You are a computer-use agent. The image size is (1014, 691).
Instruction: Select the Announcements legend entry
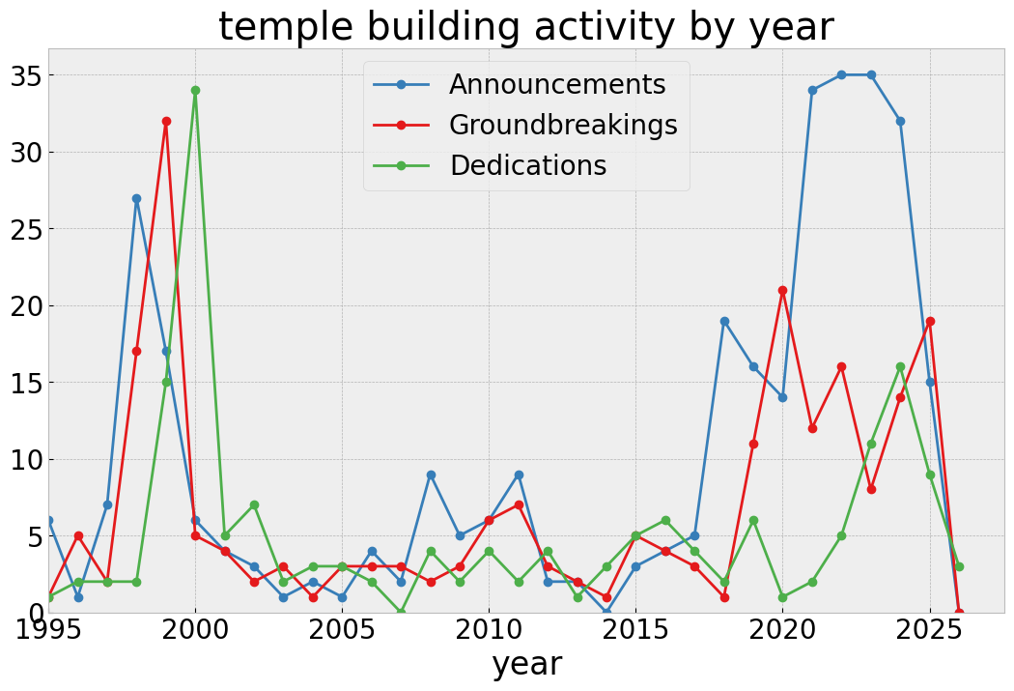[x=556, y=85]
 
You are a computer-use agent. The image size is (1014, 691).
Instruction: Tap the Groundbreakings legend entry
[x=562, y=126]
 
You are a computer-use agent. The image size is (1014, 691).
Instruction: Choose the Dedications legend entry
[x=527, y=166]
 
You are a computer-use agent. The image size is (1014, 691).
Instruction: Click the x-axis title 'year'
[x=526, y=664]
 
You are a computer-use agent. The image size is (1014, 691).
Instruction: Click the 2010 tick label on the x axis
[x=489, y=631]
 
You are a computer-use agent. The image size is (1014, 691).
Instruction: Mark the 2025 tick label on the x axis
[x=930, y=631]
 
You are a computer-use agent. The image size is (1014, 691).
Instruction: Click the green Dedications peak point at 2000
[x=195, y=91]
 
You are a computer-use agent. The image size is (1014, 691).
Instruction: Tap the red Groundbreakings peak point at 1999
[x=166, y=122]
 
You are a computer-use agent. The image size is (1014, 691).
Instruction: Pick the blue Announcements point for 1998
[x=136, y=198]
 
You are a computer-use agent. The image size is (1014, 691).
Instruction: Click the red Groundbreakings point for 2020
[x=782, y=290]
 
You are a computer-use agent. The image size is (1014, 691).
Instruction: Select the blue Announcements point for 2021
[x=812, y=91]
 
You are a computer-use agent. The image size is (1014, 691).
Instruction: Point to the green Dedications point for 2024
[x=900, y=367]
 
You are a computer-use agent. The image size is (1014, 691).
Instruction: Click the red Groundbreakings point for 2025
[x=930, y=321]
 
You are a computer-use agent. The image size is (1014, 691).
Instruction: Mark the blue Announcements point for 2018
[x=724, y=321]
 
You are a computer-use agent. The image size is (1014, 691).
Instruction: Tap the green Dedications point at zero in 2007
[x=401, y=612]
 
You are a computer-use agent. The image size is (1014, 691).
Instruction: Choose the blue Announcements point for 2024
[x=900, y=122]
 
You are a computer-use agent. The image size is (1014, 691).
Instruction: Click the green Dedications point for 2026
[x=959, y=566]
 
